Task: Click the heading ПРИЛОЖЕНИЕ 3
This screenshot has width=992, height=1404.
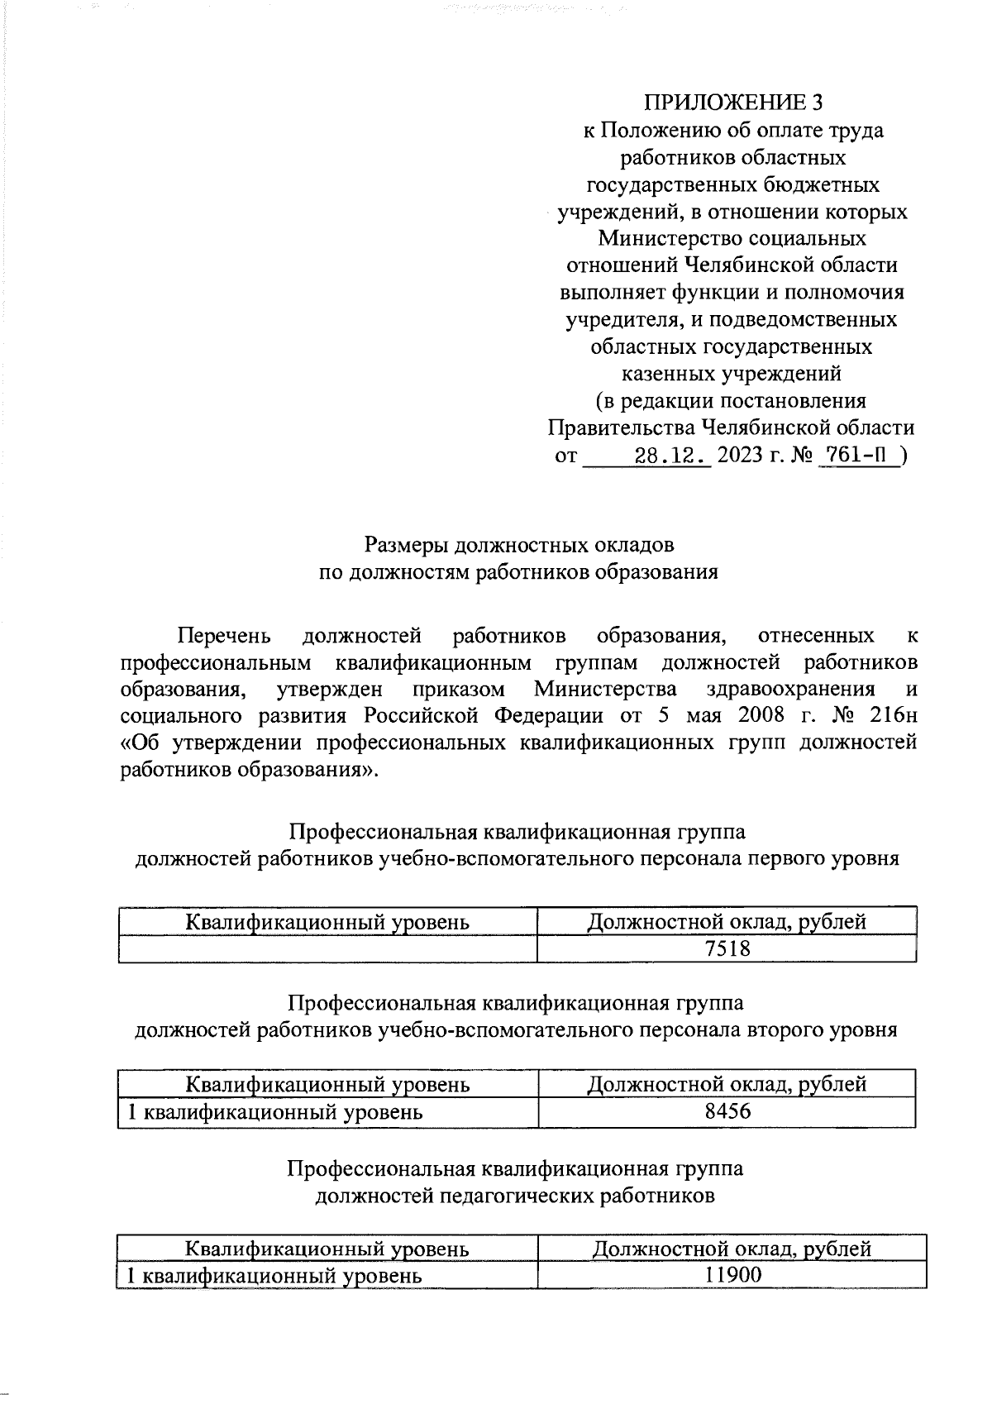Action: [733, 103]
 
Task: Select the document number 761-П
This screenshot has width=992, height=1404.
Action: [858, 456]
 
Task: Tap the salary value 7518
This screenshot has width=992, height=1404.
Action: [727, 948]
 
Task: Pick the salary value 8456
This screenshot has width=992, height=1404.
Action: [727, 1111]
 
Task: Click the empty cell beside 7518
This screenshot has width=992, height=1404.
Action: [327, 948]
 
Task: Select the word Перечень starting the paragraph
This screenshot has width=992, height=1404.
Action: [225, 636]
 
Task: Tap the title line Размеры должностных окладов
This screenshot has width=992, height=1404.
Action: [519, 546]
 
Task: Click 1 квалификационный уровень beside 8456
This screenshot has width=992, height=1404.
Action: [273, 1112]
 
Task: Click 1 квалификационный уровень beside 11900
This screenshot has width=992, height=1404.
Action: [273, 1275]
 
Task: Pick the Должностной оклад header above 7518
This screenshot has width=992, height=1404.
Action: [727, 921]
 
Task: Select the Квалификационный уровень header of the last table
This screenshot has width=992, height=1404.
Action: [327, 1249]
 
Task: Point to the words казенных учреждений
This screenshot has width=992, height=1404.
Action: [732, 374]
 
